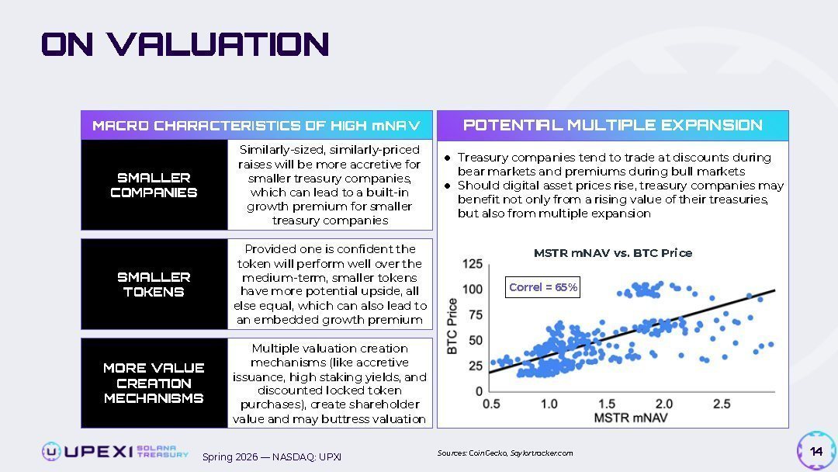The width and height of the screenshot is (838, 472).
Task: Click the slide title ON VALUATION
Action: pos(185,44)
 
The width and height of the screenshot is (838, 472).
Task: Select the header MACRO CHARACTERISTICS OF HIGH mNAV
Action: pos(256,125)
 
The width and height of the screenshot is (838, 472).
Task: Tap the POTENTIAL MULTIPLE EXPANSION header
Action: pos(612,125)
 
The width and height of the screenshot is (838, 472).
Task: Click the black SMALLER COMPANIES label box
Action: pos(154,186)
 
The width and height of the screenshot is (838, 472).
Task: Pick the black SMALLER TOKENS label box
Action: pos(154,284)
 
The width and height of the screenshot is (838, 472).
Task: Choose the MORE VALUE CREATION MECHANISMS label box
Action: pos(154,383)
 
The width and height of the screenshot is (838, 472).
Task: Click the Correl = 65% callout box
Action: pos(543,287)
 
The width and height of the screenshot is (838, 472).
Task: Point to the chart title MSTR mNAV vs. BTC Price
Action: pos(612,253)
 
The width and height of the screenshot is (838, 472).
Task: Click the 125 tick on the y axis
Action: pos(472,265)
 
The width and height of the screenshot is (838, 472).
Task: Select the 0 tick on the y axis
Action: pos(478,391)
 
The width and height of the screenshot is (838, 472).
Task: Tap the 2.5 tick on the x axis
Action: pos(721,404)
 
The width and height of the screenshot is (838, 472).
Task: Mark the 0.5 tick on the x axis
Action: pos(491,404)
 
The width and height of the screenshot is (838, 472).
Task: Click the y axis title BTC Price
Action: pos(452,327)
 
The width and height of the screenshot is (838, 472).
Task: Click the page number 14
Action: pos(815,452)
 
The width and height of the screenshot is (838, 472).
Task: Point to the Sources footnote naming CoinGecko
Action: pos(504,453)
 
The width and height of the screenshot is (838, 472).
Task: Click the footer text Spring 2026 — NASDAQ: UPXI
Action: pos(272,456)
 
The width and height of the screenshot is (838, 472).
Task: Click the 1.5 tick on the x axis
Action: pos(607,404)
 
